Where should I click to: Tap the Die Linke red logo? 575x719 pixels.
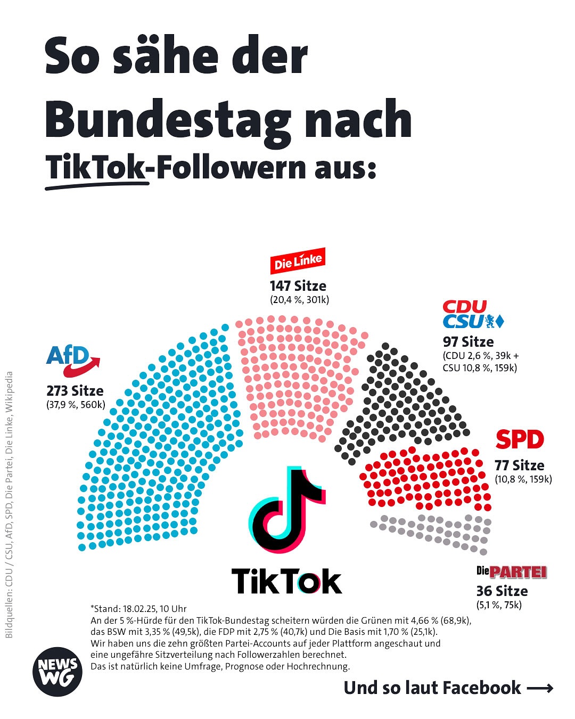298,261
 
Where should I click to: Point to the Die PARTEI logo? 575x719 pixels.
511,573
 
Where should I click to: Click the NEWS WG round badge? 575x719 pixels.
57,672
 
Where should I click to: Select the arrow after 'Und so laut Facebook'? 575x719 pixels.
539,689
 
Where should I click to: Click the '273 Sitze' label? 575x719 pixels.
75,391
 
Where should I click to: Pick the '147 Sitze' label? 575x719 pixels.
298,286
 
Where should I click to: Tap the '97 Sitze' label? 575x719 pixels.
468,342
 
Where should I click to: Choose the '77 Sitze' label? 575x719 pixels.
519,465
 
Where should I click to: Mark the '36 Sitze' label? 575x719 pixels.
502,591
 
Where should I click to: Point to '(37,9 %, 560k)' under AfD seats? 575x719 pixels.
76,405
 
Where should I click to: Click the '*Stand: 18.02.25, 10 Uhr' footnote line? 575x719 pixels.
138,608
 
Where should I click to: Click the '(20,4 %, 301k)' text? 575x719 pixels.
299,300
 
